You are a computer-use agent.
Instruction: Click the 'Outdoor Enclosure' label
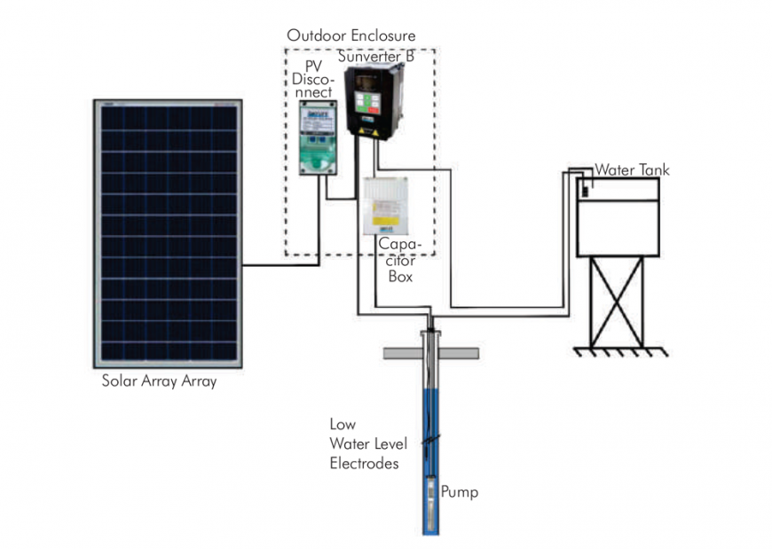click(x=351, y=36)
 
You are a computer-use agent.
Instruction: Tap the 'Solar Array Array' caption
click(x=159, y=382)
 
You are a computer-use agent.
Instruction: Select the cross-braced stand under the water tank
click(x=618, y=302)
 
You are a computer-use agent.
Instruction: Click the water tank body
click(x=618, y=217)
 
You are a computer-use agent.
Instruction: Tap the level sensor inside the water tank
click(x=585, y=188)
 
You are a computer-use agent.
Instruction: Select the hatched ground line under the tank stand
click(x=618, y=351)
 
